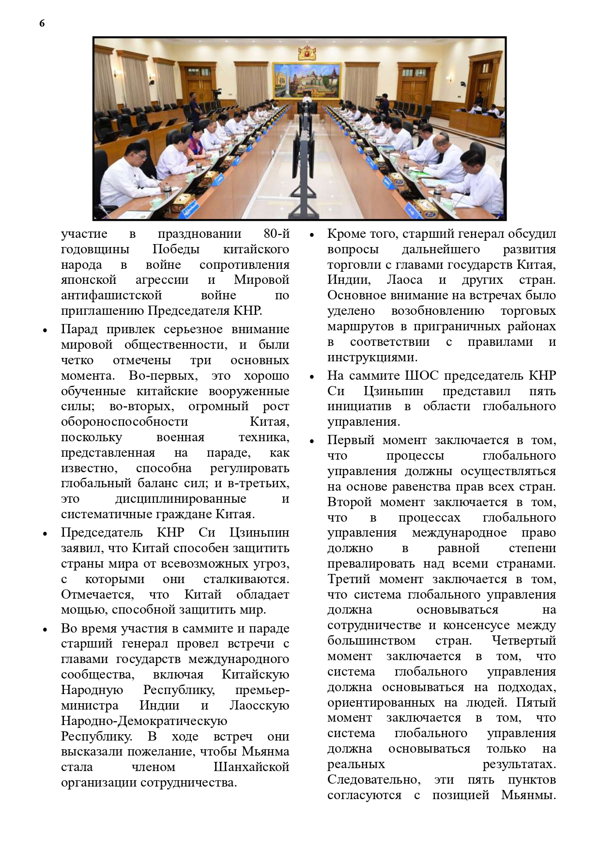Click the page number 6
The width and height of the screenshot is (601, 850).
point(42,23)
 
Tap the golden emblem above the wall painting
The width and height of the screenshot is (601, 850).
point(307,52)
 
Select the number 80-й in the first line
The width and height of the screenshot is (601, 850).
point(277,234)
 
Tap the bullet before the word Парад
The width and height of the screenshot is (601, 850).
point(45,330)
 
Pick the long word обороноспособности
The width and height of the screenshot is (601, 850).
point(124,422)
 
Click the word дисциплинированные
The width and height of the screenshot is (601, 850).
point(181,499)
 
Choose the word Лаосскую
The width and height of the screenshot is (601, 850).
point(259,706)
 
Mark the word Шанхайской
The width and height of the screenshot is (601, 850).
point(251,767)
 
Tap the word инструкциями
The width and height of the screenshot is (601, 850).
point(372,357)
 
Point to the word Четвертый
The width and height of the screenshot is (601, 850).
point(524,641)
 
